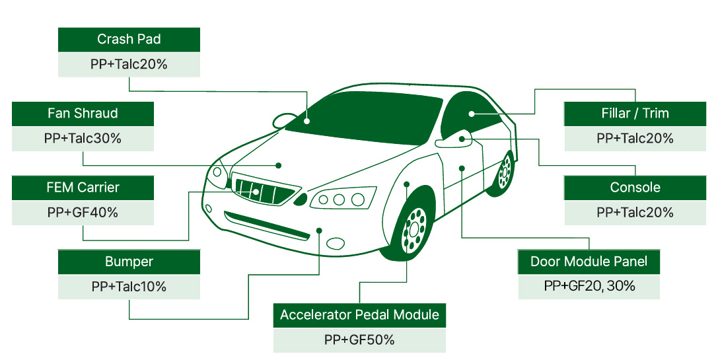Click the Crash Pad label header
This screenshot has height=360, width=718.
tap(129, 40)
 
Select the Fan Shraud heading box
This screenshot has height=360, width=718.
tap(83, 114)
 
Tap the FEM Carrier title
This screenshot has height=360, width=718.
tap(83, 188)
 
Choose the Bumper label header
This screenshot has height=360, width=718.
tap(129, 262)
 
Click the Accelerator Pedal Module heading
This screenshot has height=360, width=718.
tap(359, 315)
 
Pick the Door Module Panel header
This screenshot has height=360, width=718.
tap(589, 262)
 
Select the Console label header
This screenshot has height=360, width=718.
tap(635, 188)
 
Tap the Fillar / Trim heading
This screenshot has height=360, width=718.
tap(635, 114)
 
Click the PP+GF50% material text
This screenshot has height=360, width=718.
tap(359, 340)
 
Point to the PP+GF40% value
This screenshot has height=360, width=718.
tap(83, 213)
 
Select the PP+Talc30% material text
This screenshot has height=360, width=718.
tap(83, 139)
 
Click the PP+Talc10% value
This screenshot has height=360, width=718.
tap(129, 287)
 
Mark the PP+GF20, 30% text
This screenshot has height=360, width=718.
tap(589, 287)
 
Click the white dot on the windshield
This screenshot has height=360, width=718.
tap(307, 121)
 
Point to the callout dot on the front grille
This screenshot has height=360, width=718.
tap(256, 192)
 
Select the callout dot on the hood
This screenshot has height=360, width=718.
tap(279, 165)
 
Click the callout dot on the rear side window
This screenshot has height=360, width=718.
tap(472, 114)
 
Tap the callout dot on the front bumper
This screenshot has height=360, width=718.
tap(320, 231)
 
